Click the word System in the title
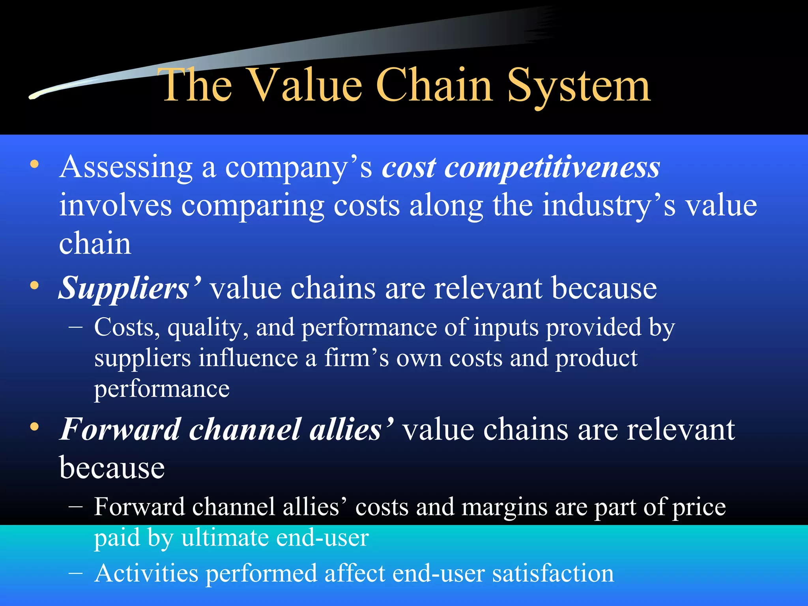pos(578,86)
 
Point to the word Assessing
pos(126,168)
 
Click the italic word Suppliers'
pos(130,289)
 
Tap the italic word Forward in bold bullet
pos(120,429)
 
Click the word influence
pos(248,358)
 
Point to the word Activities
pos(146,574)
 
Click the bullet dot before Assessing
pos(35,164)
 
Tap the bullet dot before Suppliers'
pos(35,285)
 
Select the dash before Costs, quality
pos(75,327)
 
